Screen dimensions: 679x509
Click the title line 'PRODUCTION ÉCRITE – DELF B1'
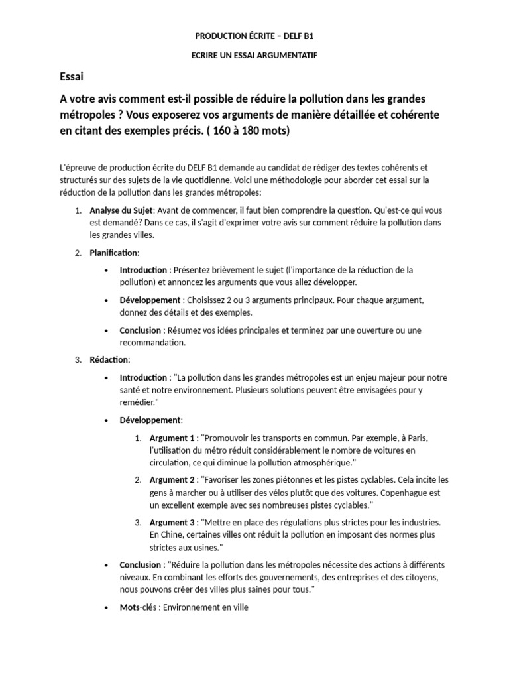pos(254,36)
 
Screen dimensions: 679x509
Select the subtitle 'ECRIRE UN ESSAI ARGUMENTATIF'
pos(254,55)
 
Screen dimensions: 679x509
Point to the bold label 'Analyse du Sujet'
pos(121,210)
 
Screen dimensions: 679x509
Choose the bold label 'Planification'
pos(114,253)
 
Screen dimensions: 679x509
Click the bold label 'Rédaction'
pos(109,360)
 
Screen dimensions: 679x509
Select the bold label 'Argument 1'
pos(172,438)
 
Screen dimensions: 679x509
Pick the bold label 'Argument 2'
pos(172,480)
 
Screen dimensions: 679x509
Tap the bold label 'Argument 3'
pos(172,523)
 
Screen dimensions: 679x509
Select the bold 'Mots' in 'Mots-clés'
pos(130,607)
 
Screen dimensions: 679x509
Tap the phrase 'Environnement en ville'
pos(205,607)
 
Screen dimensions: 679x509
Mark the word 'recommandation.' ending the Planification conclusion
pos(153,343)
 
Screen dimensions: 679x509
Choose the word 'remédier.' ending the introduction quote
pos(139,402)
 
